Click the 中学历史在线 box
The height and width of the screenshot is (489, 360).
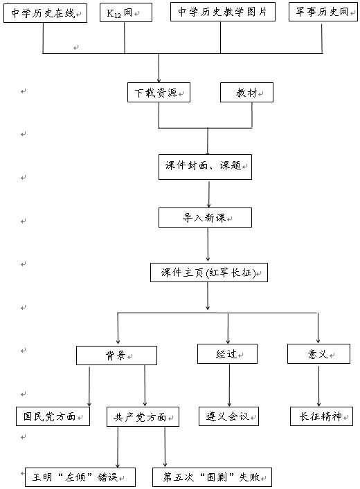pyautogui.click(x=45, y=12)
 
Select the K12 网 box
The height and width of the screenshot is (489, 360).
pyautogui.click(x=126, y=12)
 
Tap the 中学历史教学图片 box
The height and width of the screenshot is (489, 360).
pyautogui.click(x=223, y=12)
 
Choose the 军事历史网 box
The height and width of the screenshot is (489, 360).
pyautogui.click(x=323, y=12)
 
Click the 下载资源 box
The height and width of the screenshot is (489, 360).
pyautogui.click(x=159, y=92)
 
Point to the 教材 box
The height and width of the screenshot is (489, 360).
pyautogui.click(x=246, y=92)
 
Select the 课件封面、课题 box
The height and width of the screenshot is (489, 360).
pyautogui.click(x=205, y=167)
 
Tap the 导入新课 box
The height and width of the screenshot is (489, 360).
pyautogui.click(x=205, y=217)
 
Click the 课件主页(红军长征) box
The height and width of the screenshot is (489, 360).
pyautogui.click(x=209, y=273)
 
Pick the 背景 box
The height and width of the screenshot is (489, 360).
pyautogui.click(x=116, y=356)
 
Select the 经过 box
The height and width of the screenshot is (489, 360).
pyautogui.click(x=227, y=353)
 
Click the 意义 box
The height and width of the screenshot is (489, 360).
pyautogui.click(x=318, y=353)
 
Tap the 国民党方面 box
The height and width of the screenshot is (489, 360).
pyautogui.click(x=53, y=416)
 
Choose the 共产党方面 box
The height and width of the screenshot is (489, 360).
pyautogui.click(x=143, y=416)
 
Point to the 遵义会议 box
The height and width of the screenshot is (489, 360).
pyautogui.click(x=228, y=416)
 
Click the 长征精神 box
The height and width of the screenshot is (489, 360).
pyautogui.click(x=321, y=416)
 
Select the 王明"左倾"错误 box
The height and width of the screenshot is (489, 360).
pyautogui.click(x=80, y=477)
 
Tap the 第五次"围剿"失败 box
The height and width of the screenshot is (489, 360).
pyautogui.click(x=212, y=477)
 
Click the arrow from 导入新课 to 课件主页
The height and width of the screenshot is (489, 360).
pyautogui.click(x=208, y=245)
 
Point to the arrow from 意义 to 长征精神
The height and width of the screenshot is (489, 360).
pyautogui.click(x=318, y=386)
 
